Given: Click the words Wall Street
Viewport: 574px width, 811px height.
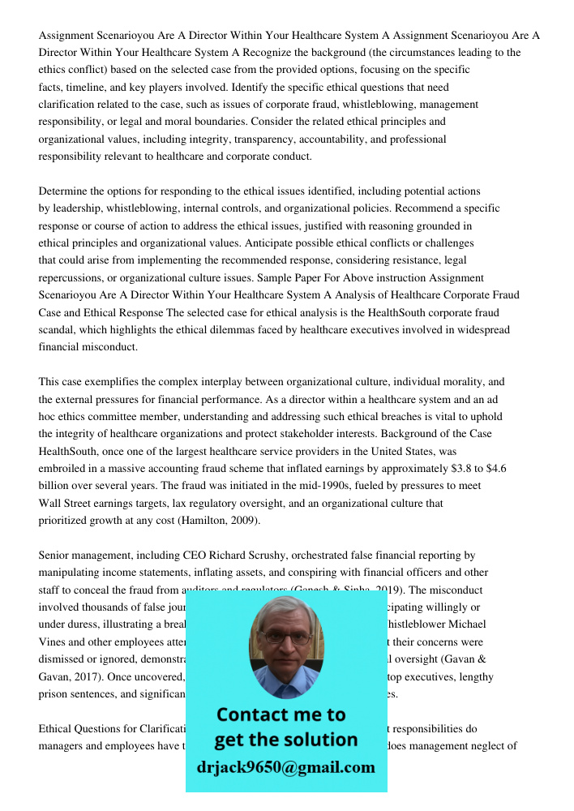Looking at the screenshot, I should click(x=67, y=503).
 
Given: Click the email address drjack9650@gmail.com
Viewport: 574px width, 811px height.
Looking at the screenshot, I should click(x=285, y=767).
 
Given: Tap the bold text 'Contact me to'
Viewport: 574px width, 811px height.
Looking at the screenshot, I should click(x=281, y=714).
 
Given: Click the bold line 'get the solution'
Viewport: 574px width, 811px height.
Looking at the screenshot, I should click(x=285, y=740).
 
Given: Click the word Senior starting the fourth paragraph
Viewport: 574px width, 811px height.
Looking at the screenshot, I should click(x=55, y=556).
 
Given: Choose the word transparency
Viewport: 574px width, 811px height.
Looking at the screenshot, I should click(x=228, y=139).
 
